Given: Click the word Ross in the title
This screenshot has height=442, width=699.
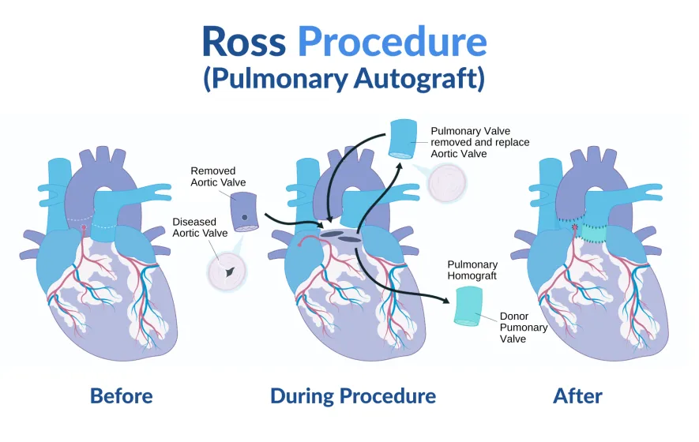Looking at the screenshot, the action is point(244,41).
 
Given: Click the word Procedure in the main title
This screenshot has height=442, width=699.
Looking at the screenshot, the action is point(393,41).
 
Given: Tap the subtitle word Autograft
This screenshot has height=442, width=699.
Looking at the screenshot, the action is point(419,78).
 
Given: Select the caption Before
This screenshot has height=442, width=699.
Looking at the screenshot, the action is point(122,395).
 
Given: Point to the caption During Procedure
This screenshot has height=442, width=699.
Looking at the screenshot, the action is point(353,395).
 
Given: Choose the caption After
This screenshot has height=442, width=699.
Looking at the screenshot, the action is point(577,395).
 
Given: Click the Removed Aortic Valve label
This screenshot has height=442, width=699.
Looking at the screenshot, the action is point(218,177).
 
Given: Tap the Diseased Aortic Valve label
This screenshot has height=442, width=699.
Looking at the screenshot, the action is point(200,227).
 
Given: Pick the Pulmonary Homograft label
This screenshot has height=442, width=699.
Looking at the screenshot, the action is point(472,270).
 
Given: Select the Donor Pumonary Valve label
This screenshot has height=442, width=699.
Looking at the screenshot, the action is point(524,328).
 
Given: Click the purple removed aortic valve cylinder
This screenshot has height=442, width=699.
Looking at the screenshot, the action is point(244,212).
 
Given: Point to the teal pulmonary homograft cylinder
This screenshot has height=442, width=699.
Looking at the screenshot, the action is point(468,306).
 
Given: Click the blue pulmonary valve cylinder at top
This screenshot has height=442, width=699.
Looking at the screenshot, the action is point(404,139).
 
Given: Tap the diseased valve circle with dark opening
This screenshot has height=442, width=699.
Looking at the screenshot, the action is point(227,272).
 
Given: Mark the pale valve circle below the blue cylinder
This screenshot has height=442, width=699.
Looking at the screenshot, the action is point(447,182).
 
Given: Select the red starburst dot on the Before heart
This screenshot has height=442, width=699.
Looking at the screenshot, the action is point(84,227).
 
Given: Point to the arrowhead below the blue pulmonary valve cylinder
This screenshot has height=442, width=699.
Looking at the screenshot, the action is point(399,167).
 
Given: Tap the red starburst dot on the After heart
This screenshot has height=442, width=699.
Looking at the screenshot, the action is point(575,227).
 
